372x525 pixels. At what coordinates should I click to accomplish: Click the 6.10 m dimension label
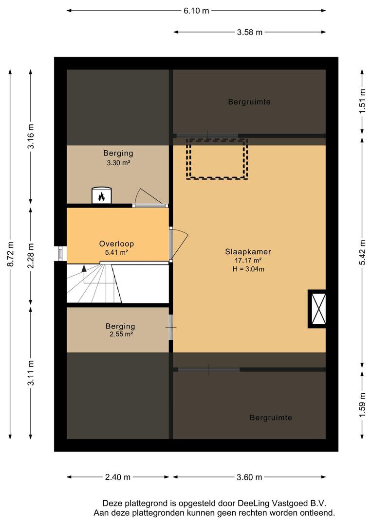click(196, 11)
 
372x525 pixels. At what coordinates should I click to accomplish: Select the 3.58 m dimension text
click(250, 32)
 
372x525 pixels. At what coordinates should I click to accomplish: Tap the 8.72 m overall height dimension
click(11, 254)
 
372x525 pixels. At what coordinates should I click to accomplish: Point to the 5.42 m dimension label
click(362, 253)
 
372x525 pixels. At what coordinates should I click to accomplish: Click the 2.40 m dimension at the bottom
click(118, 477)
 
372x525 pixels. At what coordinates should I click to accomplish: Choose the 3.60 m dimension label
click(249, 477)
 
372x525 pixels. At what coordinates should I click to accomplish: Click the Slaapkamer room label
click(248, 252)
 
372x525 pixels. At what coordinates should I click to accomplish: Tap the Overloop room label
click(116, 244)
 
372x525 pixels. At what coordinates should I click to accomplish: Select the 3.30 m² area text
click(118, 163)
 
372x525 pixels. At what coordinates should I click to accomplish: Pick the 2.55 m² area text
click(121, 334)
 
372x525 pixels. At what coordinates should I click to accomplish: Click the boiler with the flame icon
click(102, 195)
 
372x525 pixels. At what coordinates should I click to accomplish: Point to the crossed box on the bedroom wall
click(317, 309)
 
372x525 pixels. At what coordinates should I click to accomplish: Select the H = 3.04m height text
click(248, 269)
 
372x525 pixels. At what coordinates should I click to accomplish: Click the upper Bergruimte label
click(249, 102)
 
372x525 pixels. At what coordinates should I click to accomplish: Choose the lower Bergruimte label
click(271, 418)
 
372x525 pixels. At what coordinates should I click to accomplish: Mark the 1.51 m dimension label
click(362, 101)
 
